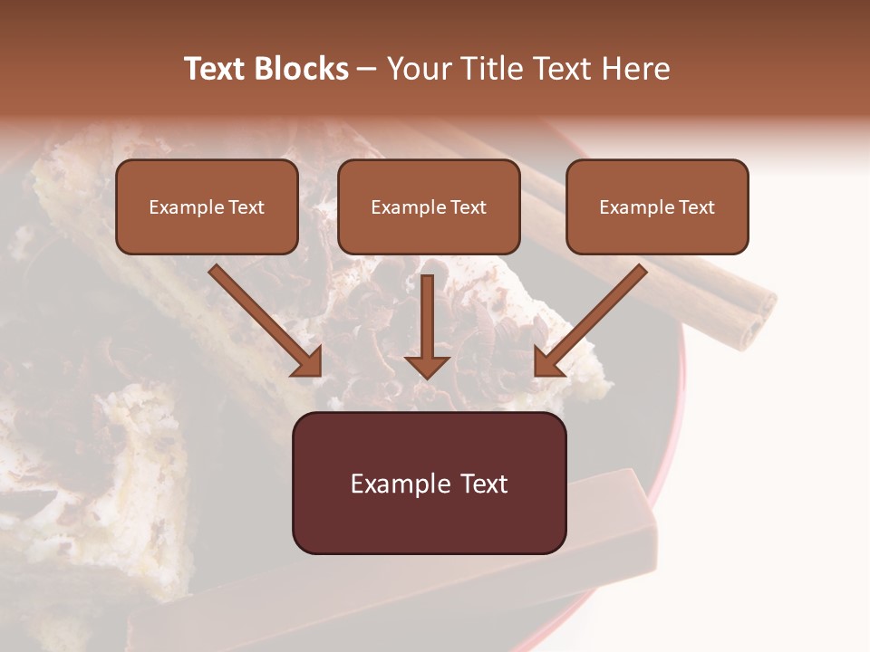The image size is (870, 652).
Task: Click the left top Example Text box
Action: pos(207,207)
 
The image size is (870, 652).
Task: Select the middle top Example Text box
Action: pos(429,207)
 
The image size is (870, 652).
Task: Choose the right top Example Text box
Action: pos(657,207)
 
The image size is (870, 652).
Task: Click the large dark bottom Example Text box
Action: pos(429,484)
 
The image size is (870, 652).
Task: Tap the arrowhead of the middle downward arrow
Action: pos(428,366)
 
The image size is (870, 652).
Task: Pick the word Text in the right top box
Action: pos(697,207)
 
